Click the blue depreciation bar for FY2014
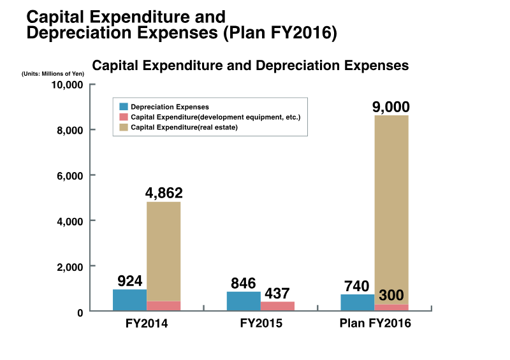coord(129,300)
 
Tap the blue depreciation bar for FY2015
coord(244,301)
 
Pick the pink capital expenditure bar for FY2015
coord(277,306)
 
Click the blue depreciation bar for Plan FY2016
coord(358,302)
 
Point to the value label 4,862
coord(163,192)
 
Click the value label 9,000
coord(391,106)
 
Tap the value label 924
coord(129,280)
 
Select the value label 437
coord(278,293)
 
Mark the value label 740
coord(358,286)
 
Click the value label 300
coord(391,296)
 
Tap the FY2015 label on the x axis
coord(261,323)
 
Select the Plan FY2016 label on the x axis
coord(375,323)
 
